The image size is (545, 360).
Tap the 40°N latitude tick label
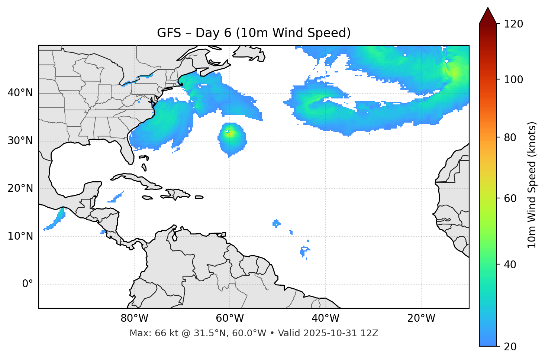pyautogui.click(x=20, y=93)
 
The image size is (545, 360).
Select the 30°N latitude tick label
pyautogui.click(x=20, y=141)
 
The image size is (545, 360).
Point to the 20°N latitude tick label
pyautogui.click(x=20, y=188)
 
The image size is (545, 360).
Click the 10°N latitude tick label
pyautogui.click(x=20, y=236)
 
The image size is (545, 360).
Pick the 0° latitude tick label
pyautogui.click(x=28, y=284)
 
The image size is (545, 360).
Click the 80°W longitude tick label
pyautogui.click(x=134, y=318)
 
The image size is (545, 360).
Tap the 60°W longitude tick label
pyautogui.click(x=230, y=318)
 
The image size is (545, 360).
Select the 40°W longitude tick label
pyautogui.click(x=325, y=318)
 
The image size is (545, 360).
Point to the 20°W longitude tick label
pyautogui.click(x=421, y=318)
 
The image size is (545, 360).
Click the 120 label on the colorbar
pyautogui.click(x=513, y=24)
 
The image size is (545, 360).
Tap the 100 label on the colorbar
pyautogui.click(x=513, y=80)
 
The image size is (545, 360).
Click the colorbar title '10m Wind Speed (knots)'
pyautogui.click(x=532, y=185)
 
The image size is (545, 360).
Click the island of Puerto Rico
pyautogui.click(x=199, y=197)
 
